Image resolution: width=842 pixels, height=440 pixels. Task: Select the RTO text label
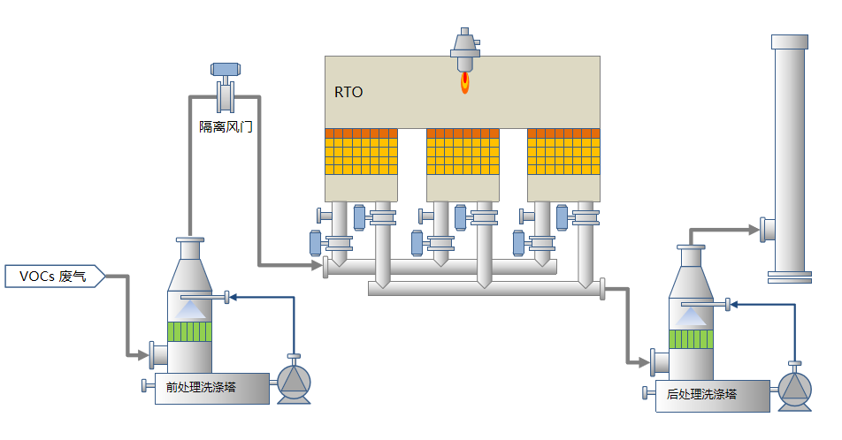(x=348, y=92)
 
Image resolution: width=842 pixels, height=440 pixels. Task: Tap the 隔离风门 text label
(x=226, y=127)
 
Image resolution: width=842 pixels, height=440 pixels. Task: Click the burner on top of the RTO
(x=463, y=46)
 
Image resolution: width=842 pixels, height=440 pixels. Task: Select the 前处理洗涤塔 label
(x=201, y=386)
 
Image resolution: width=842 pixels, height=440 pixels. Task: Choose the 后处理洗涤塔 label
(x=702, y=394)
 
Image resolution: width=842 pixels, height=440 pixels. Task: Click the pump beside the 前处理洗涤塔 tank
(x=295, y=381)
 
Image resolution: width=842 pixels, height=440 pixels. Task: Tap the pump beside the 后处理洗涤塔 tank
(x=794, y=389)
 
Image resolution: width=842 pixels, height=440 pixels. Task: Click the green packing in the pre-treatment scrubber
(x=190, y=332)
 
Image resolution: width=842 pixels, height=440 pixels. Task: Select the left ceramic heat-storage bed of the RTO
(x=362, y=151)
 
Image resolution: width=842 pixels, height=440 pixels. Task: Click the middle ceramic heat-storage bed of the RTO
(x=463, y=151)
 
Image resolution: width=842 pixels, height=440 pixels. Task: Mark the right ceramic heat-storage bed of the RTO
(x=564, y=151)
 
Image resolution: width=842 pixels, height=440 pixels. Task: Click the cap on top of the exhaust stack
(x=789, y=42)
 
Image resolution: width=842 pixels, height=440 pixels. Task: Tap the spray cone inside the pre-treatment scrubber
(x=194, y=310)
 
